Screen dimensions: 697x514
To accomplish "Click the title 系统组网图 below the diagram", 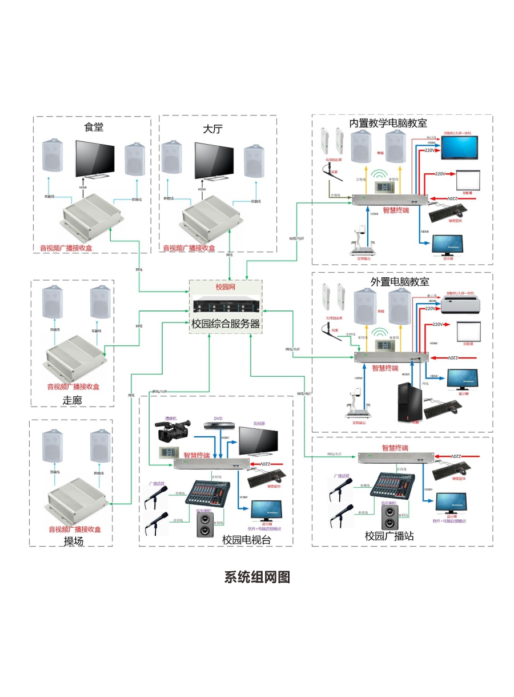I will (257, 577).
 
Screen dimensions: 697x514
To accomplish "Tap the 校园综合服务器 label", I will (226, 324).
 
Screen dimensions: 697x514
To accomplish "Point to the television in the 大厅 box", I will (215, 161).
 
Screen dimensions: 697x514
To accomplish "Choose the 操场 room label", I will (74, 540).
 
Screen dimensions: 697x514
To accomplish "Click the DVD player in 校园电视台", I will (219, 425).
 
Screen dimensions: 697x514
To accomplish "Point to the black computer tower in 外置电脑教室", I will (409, 402).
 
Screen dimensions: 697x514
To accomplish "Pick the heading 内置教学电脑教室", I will (388, 124).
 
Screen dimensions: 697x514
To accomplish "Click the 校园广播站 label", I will (389, 536).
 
